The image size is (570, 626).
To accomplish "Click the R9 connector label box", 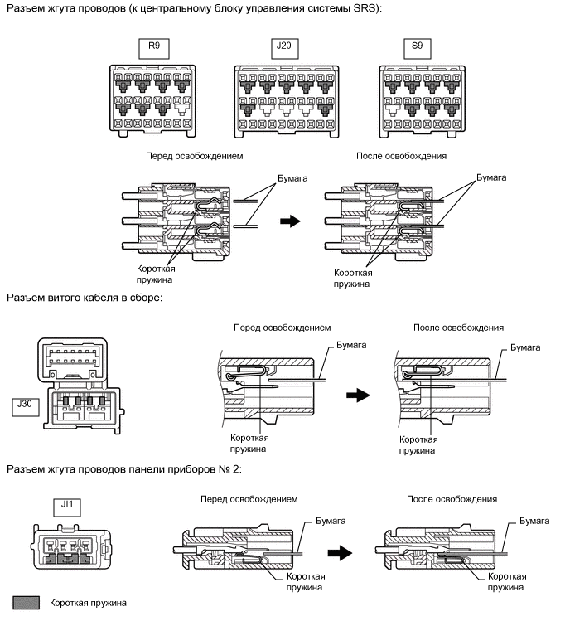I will coord(153,47).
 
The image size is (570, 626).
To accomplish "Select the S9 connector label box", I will coord(416,47).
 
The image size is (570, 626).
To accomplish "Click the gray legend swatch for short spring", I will coord(28,603).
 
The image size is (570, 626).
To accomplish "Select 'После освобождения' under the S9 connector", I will coord(401,156).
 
